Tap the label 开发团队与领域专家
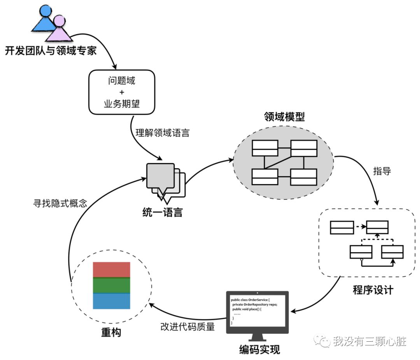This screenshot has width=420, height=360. [x=51, y=50]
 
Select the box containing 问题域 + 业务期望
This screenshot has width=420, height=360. [x=121, y=92]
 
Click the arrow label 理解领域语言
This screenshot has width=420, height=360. [x=162, y=133]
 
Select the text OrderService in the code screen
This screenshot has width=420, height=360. [x=256, y=300]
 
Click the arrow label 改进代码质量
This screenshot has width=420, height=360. [x=187, y=327]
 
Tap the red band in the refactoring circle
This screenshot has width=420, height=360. [x=111, y=270]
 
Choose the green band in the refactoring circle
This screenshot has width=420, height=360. [x=111, y=285]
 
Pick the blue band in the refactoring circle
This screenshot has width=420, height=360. [x=111, y=301]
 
